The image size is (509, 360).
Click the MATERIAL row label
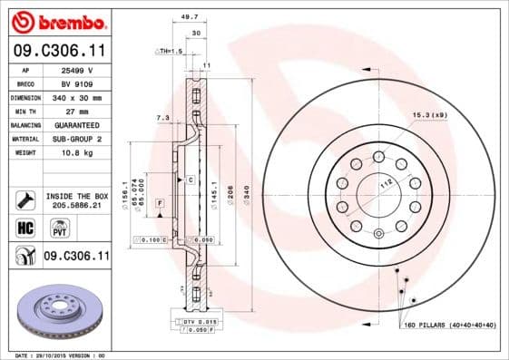coord(24,139)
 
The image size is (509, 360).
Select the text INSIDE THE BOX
coord(76,196)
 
